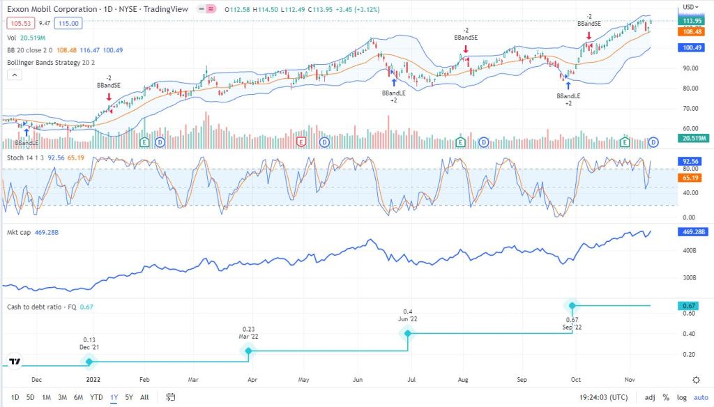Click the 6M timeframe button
tap(79, 397)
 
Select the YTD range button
tap(97, 397)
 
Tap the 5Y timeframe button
tap(129, 397)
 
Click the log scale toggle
tap(683, 397)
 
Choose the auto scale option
tap(700, 397)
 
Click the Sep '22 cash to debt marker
tap(572, 305)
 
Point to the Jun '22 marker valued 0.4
tap(408, 333)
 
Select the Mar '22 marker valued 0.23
tap(249, 351)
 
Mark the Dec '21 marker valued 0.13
tap(89, 361)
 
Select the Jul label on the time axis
tap(411, 381)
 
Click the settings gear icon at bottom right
tap(696, 380)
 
